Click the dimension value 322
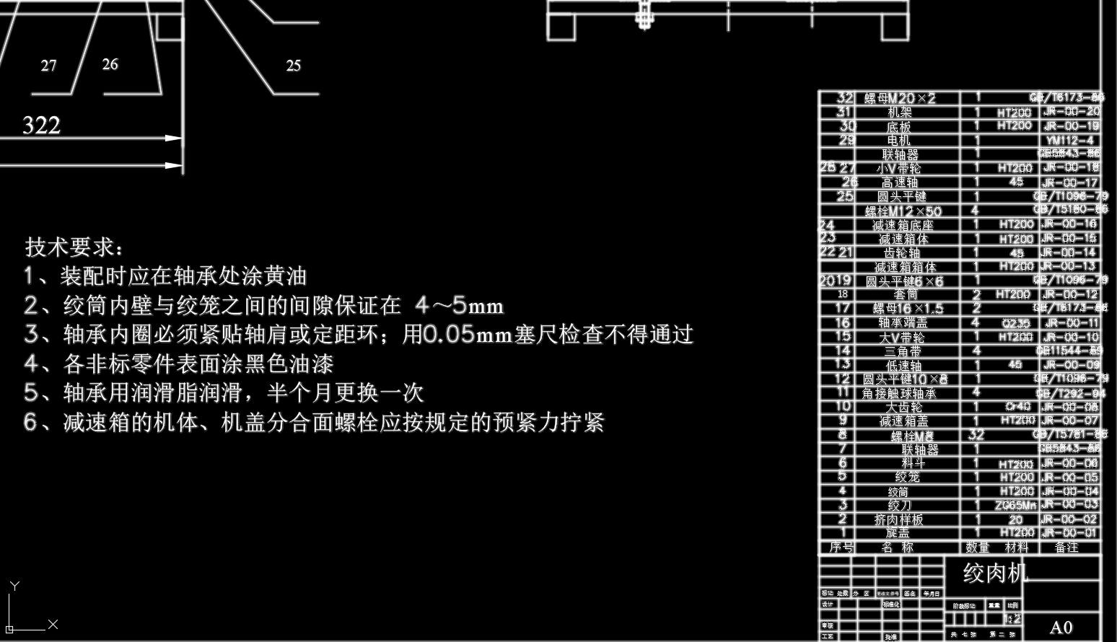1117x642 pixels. pos(42,126)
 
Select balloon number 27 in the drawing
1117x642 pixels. pos(48,66)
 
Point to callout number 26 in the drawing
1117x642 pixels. pos(110,64)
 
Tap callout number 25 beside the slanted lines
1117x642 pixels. pos(293,66)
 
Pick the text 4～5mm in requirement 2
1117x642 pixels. pos(460,306)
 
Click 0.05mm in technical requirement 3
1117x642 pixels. pos(468,335)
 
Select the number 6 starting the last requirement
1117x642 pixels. pos(30,422)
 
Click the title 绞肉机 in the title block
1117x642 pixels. pos(995,573)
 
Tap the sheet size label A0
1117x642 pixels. pos(1061,627)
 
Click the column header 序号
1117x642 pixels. pos(840,548)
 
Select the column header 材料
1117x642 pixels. pos(1016,548)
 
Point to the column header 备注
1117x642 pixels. pos(1066,548)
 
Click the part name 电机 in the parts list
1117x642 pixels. pos(899,141)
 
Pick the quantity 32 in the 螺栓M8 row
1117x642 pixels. pos(976,435)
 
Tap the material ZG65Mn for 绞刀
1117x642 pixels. pos(1015,505)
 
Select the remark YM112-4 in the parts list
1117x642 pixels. pos(1069,141)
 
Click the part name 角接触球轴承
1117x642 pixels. pos(899,393)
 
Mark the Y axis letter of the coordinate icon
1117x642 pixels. pos(14,586)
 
